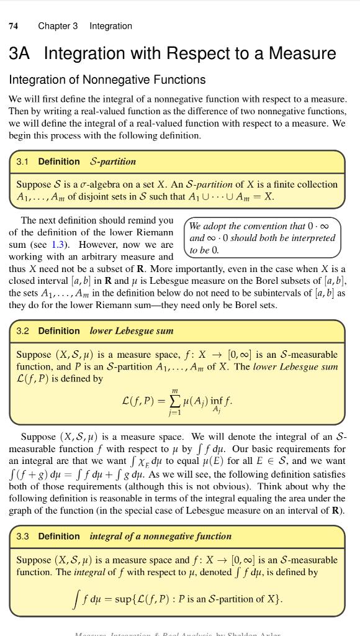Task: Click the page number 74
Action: click(13, 26)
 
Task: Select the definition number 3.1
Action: click(22, 161)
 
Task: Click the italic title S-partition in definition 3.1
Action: click(113, 161)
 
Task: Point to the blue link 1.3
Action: click(58, 245)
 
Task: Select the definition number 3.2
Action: click(22, 331)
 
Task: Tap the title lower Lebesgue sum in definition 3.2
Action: click(132, 331)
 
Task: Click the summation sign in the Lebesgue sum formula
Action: click(174, 401)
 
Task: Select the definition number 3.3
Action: click(22, 536)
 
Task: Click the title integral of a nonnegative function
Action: click(160, 536)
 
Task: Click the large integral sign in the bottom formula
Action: click(76, 599)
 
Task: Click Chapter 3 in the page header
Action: click(58, 26)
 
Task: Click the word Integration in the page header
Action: click(110, 26)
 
